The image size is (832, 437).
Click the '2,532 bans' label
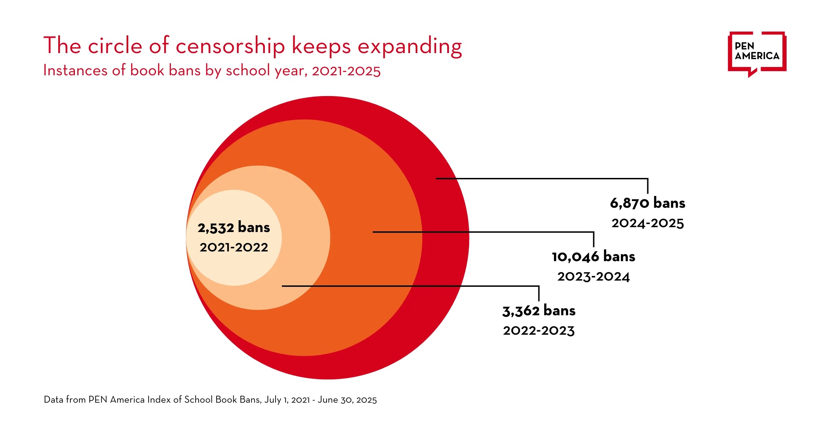234,228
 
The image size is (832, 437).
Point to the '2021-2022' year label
234,247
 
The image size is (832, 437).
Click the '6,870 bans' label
647,203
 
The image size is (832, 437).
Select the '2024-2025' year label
647,223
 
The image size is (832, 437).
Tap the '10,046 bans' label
593,257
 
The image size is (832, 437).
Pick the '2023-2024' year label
593,276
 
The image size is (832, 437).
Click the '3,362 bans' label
539,311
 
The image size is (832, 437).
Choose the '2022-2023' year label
539,331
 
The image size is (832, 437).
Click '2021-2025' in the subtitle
346,71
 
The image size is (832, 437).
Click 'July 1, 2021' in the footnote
287,400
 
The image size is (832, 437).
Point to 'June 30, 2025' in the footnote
347,400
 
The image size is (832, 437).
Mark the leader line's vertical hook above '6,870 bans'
648,186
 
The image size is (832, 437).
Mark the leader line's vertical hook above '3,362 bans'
539,294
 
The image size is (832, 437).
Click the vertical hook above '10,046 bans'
593,240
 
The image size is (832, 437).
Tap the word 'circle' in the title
115,46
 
